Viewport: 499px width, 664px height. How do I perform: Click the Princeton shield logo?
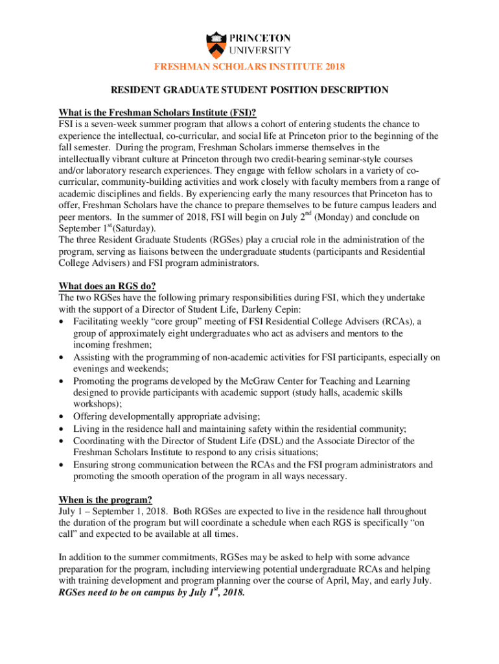click(x=217, y=43)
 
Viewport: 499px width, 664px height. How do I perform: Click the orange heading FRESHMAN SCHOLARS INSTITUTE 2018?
click(x=249, y=67)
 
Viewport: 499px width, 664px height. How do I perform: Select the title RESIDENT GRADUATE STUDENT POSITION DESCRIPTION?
click(x=249, y=90)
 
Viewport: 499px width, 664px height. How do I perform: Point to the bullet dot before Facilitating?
click(x=61, y=322)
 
